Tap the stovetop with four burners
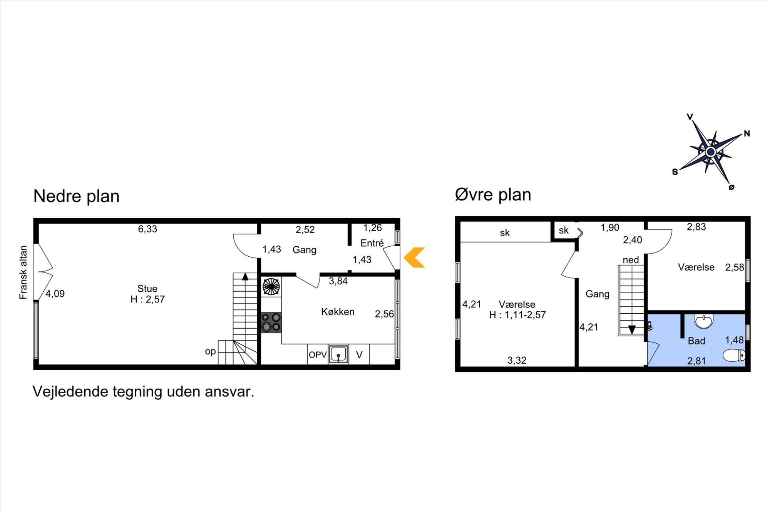pyautogui.click(x=271, y=323)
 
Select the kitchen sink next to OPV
pyautogui.click(x=338, y=354)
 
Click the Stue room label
pyautogui.click(x=147, y=289)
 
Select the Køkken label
pyautogui.click(x=338, y=312)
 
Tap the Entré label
pyautogui.click(x=372, y=243)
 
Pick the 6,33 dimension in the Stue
pyautogui.click(x=147, y=229)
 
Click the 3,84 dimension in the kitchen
pyautogui.click(x=338, y=281)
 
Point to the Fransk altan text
pyautogui.click(x=23, y=272)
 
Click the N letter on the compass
pyautogui.click(x=747, y=134)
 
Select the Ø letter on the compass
pyautogui.click(x=731, y=187)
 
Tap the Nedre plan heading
pyautogui.click(x=76, y=196)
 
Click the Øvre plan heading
pyautogui.click(x=493, y=195)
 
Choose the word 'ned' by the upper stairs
pyautogui.click(x=631, y=260)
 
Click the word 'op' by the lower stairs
pyautogui.click(x=210, y=351)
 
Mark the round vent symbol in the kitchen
pyautogui.click(x=271, y=287)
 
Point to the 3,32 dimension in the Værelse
pyautogui.click(x=517, y=361)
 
